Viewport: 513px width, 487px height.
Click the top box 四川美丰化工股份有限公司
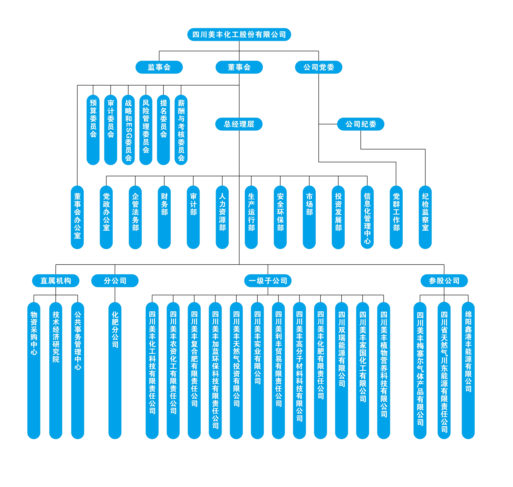239,35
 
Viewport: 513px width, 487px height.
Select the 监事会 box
159,67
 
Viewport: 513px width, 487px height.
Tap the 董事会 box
239,67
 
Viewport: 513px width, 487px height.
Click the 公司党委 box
318,67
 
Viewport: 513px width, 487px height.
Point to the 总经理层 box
239,124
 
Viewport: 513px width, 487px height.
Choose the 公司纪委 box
360,124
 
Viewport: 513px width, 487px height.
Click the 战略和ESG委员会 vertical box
128,130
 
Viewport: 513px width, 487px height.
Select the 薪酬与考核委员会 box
181,130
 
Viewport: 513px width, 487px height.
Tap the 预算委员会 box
93,130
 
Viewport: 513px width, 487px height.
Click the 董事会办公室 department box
77,217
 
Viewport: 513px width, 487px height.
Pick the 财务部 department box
164,217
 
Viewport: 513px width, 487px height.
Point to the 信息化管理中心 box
367,217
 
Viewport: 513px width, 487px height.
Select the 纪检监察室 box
425,217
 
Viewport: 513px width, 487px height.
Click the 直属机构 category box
56,281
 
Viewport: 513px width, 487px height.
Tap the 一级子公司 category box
268,281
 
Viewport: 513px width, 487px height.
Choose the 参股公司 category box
444,281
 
